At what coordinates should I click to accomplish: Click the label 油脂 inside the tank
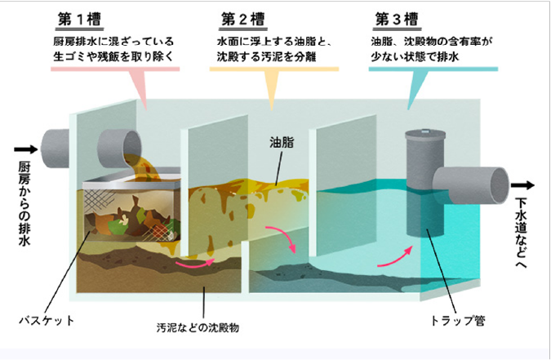point(281,141)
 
